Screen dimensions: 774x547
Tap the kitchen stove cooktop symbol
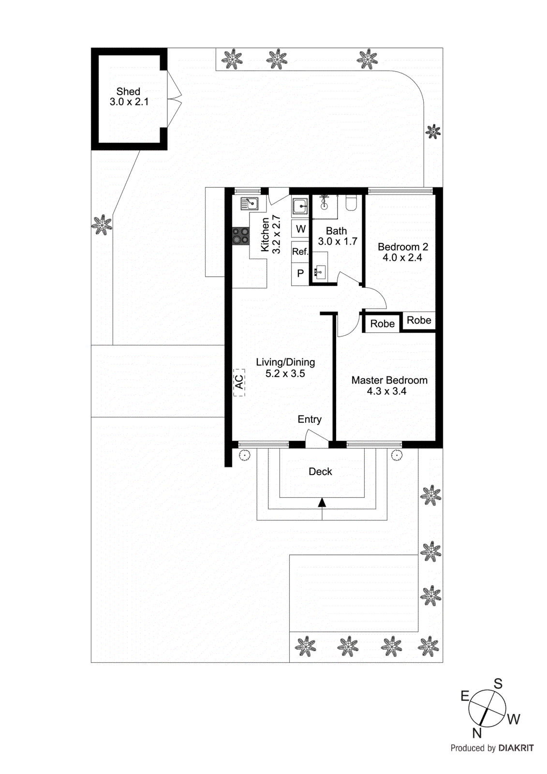coord(240,236)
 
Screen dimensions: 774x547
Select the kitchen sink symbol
coord(250,204)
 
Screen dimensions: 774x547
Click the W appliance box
coord(300,229)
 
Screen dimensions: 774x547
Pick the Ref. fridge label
coord(300,252)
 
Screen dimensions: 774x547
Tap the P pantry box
coord(300,273)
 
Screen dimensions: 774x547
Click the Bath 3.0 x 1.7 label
coord(337,236)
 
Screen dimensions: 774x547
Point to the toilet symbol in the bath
coord(351,203)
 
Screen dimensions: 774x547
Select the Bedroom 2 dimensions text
coord(402,258)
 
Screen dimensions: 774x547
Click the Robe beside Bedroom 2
coord(419,320)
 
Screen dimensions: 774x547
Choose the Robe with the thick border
coord(382,324)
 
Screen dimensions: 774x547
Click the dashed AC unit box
coord(239,382)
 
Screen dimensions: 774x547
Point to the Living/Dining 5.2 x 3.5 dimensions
coord(285,373)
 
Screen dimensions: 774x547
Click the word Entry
coord(310,419)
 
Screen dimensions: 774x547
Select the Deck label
coord(320,472)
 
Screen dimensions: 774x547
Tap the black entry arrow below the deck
coord(322,503)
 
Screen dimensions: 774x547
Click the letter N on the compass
coord(477,733)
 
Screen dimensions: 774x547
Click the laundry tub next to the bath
coord(300,206)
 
